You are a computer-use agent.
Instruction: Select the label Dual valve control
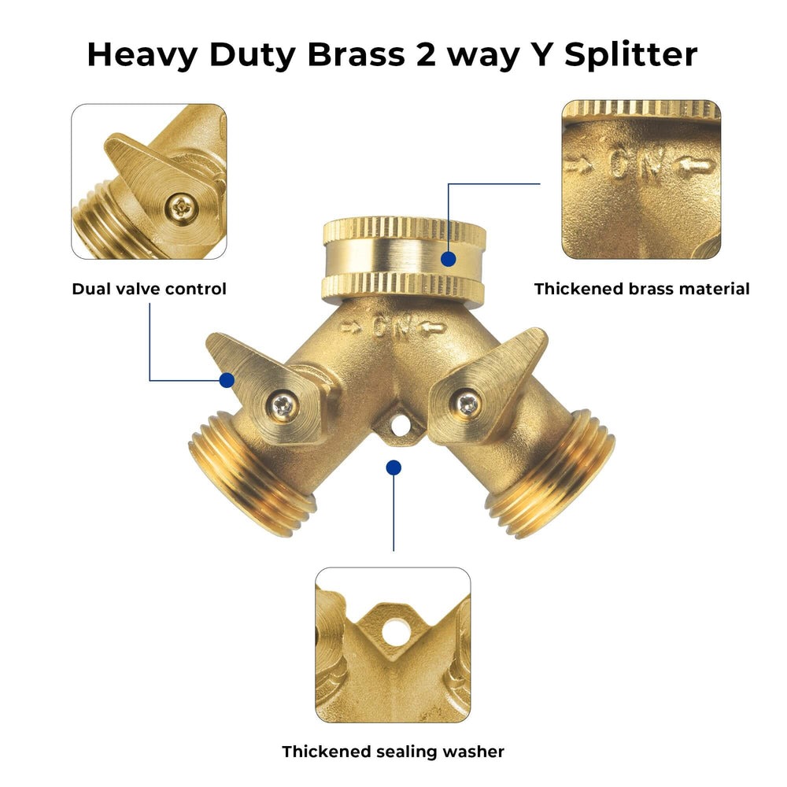(x=149, y=289)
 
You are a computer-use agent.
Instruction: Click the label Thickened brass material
(x=641, y=289)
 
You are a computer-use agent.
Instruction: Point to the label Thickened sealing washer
(x=393, y=752)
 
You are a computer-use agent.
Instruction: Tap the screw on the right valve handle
(x=467, y=403)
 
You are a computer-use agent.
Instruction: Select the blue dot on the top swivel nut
(x=449, y=259)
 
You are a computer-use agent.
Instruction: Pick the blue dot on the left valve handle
(x=227, y=380)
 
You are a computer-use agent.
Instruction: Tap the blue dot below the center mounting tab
(x=393, y=467)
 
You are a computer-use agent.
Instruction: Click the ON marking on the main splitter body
(x=393, y=327)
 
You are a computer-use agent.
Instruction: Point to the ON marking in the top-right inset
(x=637, y=162)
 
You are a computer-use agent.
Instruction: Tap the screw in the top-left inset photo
(x=181, y=207)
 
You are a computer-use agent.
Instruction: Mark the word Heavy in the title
(x=142, y=55)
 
